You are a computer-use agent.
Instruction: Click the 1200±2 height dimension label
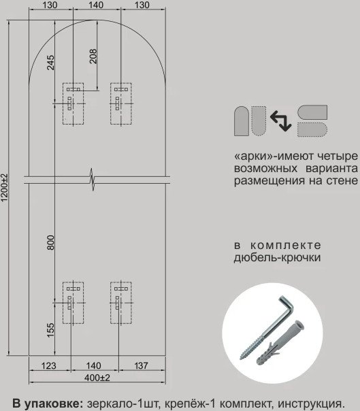click(5, 187)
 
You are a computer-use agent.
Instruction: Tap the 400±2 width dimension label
click(97, 378)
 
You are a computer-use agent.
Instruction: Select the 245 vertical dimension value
click(50, 62)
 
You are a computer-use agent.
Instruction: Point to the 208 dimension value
click(93, 56)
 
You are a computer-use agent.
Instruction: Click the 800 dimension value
click(50, 242)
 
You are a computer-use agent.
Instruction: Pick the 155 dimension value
click(50, 330)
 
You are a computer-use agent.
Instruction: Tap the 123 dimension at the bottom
click(49, 365)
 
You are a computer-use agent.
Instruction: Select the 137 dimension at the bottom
click(141, 365)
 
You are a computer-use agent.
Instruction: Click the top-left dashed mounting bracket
click(73, 103)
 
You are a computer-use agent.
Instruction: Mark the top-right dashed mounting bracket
click(121, 103)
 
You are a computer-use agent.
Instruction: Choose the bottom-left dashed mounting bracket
click(73, 303)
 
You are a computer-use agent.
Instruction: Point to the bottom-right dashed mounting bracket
click(121, 303)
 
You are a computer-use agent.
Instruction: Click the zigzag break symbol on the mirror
click(93, 180)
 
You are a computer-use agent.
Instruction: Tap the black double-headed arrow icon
click(281, 121)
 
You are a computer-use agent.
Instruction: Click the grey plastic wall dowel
click(280, 342)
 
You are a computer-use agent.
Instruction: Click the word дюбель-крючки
click(277, 258)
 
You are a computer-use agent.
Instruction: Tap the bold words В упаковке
click(48, 404)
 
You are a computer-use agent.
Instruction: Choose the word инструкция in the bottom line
click(311, 404)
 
